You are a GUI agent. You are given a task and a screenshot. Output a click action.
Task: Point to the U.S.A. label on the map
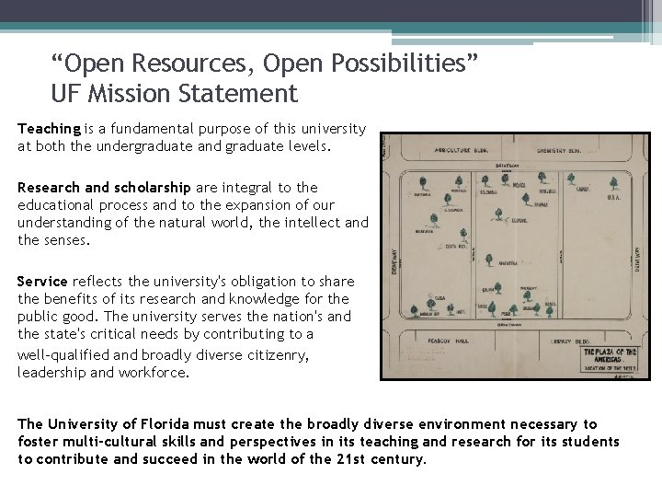pos(614,197)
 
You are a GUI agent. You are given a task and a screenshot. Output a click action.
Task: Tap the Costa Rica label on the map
pos(455,248)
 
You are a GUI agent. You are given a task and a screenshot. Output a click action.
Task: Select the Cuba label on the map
pos(440,299)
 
